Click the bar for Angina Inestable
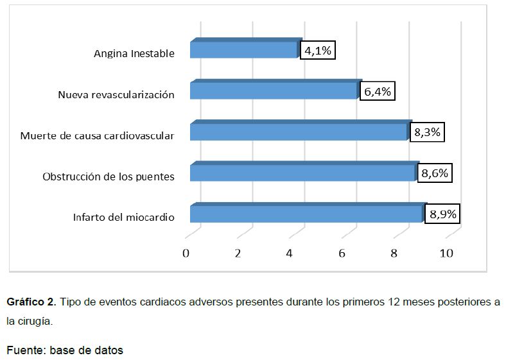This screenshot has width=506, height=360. tap(245, 50)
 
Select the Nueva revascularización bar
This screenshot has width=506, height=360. tap(274, 90)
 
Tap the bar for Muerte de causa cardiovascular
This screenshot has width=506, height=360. tap(300, 132)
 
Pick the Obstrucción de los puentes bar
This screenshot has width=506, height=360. tap(303, 173)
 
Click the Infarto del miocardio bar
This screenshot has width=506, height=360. tap(307, 214)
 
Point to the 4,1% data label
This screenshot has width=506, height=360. tap(318, 51)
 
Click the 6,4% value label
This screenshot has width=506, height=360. tap(377, 92)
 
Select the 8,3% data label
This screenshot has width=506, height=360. tap(427, 133)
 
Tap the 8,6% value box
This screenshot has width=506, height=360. tap(433, 173)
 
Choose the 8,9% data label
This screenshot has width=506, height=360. tap(443, 214)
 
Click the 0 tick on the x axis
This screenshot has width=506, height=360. tap(186, 253)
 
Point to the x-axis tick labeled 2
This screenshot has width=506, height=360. tap(238, 253)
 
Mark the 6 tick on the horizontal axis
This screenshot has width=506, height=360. tap(342, 253)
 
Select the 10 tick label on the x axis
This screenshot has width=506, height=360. tap(446, 253)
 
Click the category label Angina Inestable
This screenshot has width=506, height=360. tap(134, 54)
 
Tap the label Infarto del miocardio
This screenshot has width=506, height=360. tap(124, 218)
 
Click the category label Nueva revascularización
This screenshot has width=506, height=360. tap(116, 95)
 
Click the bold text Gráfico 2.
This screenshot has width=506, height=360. tap(31, 302)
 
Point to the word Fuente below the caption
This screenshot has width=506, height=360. tap(25, 350)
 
